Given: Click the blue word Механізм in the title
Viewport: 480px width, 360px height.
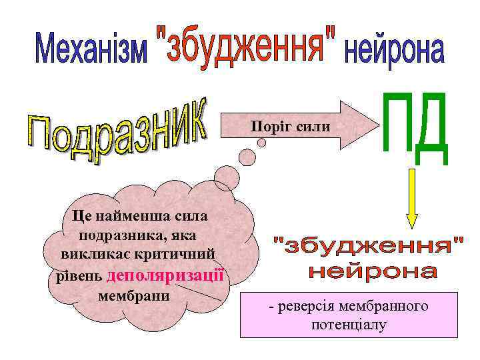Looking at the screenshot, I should (91, 51).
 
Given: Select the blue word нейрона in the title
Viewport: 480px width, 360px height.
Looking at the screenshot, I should (393, 51).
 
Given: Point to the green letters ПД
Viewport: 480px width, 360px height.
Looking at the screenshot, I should (413, 130).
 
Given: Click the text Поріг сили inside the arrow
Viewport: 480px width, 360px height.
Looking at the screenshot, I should (290, 125).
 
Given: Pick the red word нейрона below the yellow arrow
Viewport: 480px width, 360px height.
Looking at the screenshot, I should (373, 272).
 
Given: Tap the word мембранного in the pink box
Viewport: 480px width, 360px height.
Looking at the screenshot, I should (382, 307).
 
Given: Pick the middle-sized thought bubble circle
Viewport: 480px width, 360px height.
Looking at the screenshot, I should (247, 158).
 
